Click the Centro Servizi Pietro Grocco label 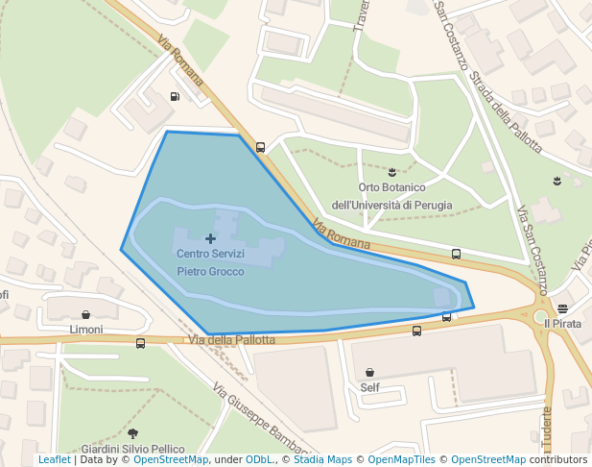tap(210, 262)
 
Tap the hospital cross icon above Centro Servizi tap(211, 238)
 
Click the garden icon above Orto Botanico tap(392, 171)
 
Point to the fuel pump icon tap(175, 96)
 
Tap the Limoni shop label tap(86, 329)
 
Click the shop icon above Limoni tap(86, 314)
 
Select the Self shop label tap(369, 387)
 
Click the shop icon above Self tap(369, 373)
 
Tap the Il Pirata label tap(562, 324)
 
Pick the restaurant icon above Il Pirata tap(562, 309)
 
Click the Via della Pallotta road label tap(231, 339)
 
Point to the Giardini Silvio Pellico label tap(132, 449)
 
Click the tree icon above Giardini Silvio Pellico tap(132, 434)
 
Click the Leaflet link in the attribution tap(54, 459)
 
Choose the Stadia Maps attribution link tap(322, 459)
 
